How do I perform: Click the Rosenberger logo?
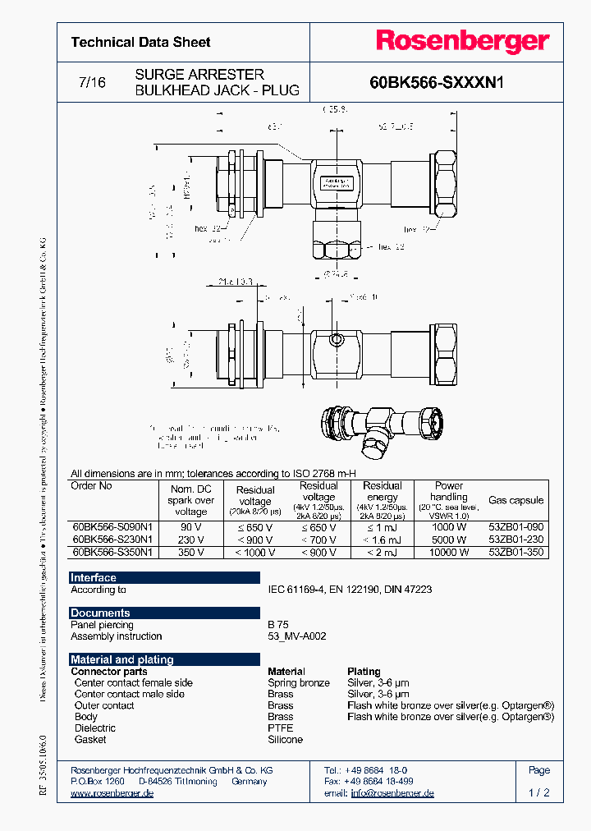[463, 41]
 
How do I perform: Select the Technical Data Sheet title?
[140, 42]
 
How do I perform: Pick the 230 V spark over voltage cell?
[191, 539]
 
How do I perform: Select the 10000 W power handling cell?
[449, 552]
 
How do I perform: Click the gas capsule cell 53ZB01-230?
[515, 539]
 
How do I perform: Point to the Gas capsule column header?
[515, 499]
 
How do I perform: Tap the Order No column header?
[92, 486]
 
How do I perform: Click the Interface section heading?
[93, 578]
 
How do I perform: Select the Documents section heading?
[100, 613]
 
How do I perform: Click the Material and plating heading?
[121, 659]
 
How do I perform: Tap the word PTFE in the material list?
[280, 728]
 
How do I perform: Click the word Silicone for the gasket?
[285, 740]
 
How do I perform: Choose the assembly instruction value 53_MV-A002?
[297, 636]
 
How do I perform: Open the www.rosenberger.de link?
[112, 793]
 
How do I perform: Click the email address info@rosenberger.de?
[392, 793]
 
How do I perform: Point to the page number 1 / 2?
[539, 793]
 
